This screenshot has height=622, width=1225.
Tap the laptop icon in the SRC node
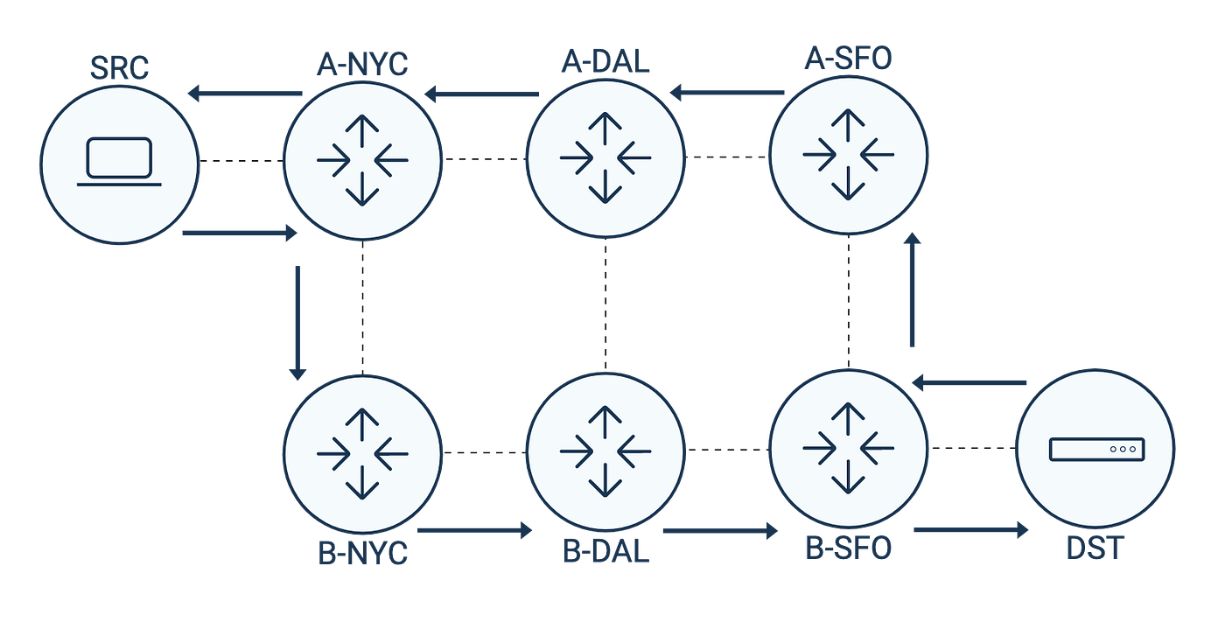click(x=120, y=162)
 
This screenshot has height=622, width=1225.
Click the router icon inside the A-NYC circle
click(x=362, y=158)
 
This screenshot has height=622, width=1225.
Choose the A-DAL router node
click(x=605, y=158)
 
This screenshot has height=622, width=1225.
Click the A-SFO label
click(x=849, y=59)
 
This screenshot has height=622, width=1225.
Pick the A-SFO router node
click(x=849, y=155)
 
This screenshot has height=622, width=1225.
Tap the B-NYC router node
click(x=362, y=452)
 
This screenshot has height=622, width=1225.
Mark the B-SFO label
click(x=849, y=549)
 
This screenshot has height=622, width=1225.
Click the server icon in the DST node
click(x=1096, y=449)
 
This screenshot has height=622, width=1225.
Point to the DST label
click(x=1095, y=549)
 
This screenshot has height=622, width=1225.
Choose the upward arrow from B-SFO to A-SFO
click(x=913, y=290)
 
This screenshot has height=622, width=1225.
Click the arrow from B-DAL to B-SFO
click(x=719, y=530)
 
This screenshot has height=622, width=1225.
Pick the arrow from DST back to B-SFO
click(x=969, y=383)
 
